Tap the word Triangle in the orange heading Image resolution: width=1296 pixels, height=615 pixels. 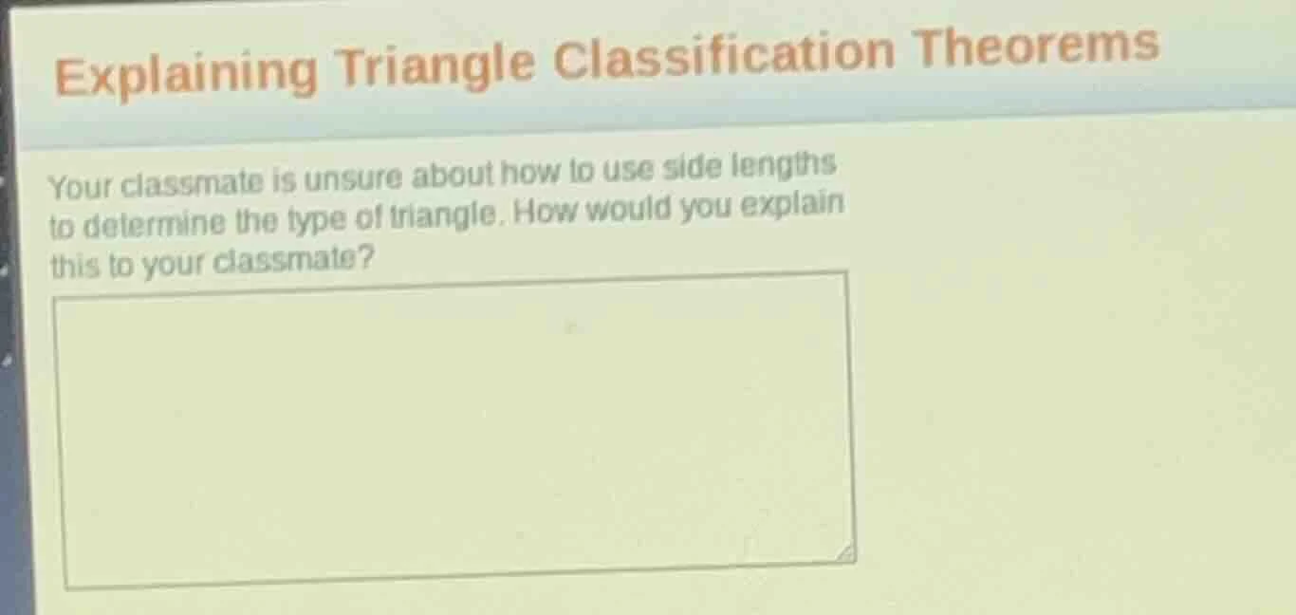[436, 63]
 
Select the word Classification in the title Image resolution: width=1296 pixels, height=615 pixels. [724, 53]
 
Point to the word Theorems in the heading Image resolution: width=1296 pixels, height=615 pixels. [1036, 45]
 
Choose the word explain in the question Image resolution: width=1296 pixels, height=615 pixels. [792, 204]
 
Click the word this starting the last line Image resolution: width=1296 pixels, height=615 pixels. [74, 268]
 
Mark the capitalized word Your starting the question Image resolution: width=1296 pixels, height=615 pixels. [80, 187]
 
